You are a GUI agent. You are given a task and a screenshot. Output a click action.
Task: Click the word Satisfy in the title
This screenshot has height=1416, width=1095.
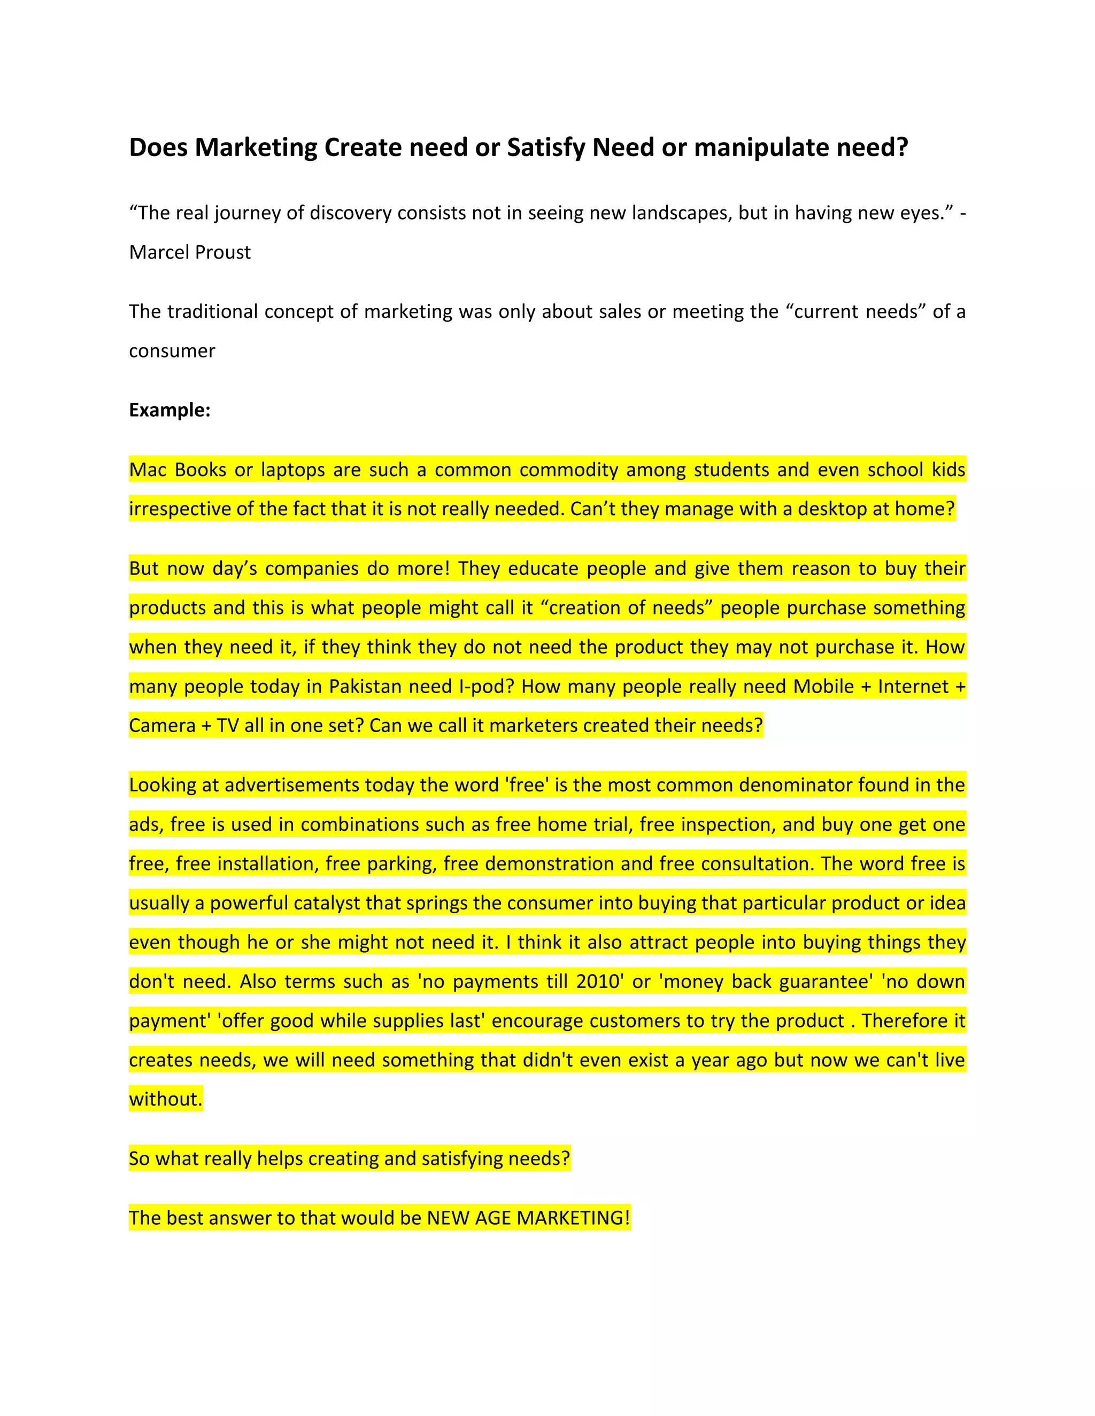coord(546,149)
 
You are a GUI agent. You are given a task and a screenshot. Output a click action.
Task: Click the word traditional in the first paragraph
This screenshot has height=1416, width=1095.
coord(213,312)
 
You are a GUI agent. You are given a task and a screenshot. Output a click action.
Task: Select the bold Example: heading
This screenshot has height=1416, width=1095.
coord(170,410)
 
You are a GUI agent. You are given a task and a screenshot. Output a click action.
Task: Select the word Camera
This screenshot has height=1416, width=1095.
coord(161,726)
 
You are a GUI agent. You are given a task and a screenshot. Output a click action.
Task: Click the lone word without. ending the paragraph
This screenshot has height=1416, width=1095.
coord(165,1099)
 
